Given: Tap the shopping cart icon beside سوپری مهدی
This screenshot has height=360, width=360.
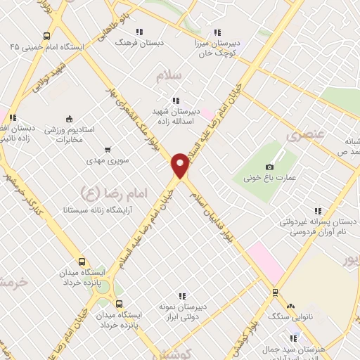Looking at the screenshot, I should (x=108, y=149).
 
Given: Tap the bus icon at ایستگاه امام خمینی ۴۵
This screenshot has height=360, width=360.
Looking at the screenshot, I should (x=46, y=36).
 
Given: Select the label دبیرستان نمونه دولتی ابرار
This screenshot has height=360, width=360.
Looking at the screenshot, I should (x=184, y=311).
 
